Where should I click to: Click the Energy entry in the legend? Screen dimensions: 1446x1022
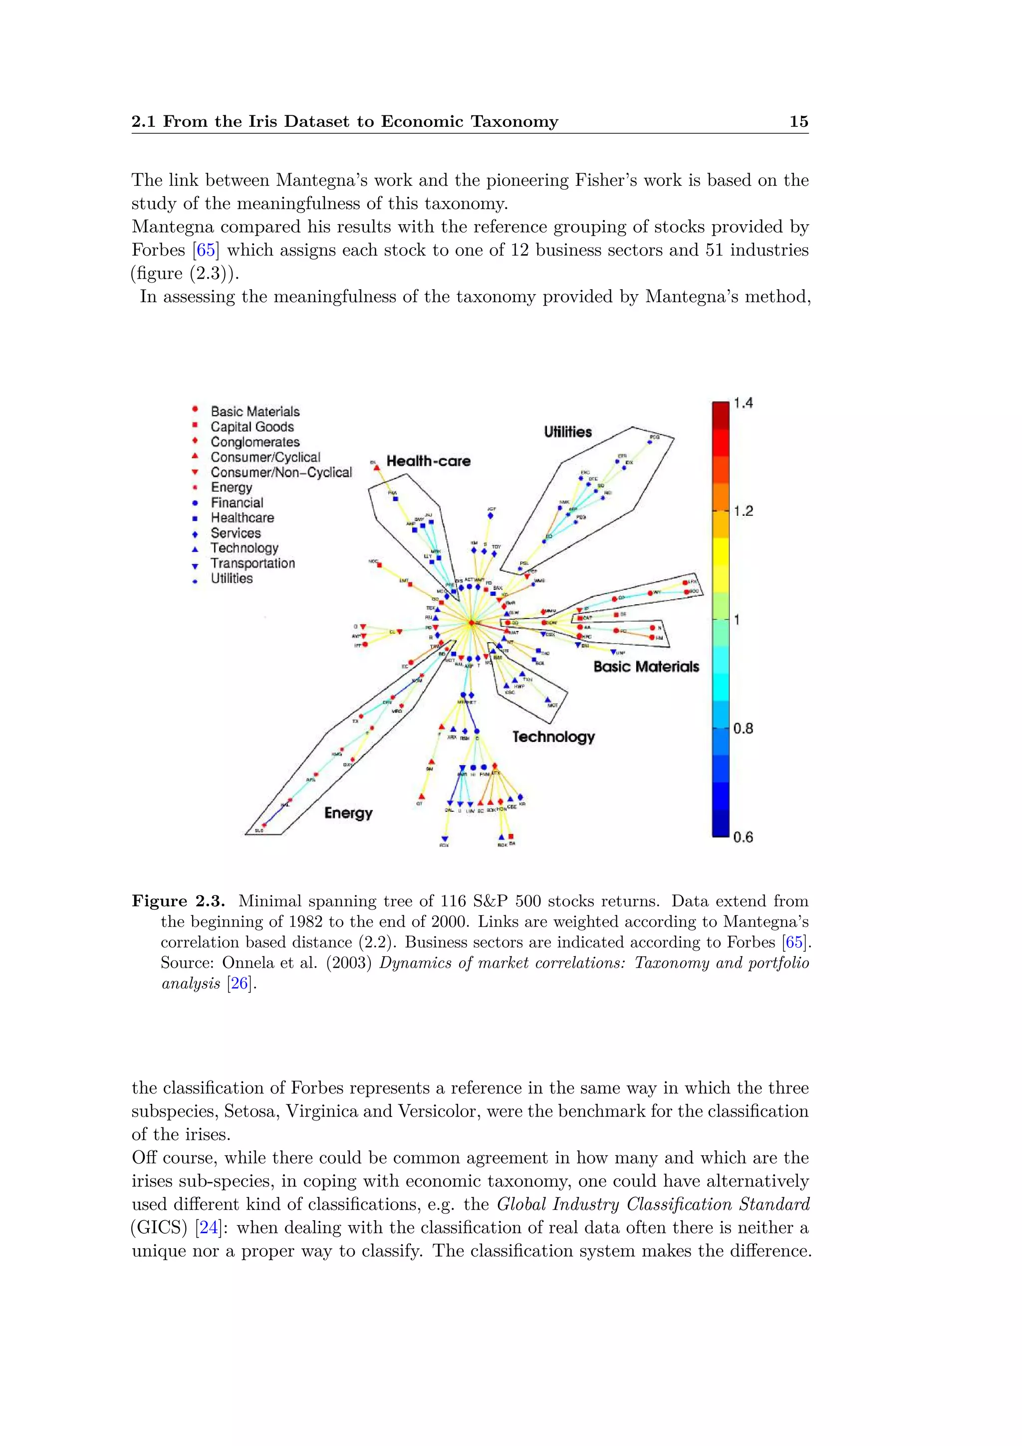click(231, 487)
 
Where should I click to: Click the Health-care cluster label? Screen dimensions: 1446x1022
click(428, 461)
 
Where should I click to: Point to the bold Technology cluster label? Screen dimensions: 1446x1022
click(552, 737)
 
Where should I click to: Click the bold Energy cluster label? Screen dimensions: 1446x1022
click(348, 813)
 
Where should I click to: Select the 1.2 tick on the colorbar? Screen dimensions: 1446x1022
click(743, 511)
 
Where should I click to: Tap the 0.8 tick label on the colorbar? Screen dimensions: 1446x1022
click(743, 728)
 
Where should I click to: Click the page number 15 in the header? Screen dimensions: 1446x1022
click(798, 121)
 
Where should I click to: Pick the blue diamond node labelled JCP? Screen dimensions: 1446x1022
click(490, 516)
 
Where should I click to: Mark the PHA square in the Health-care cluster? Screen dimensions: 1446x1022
click(395, 499)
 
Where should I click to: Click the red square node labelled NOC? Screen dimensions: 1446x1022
click(379, 565)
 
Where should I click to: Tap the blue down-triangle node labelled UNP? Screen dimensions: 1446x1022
click(613, 652)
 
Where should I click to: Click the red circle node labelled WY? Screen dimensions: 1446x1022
click(649, 593)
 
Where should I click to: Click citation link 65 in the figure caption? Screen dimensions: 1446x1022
click(793, 942)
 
